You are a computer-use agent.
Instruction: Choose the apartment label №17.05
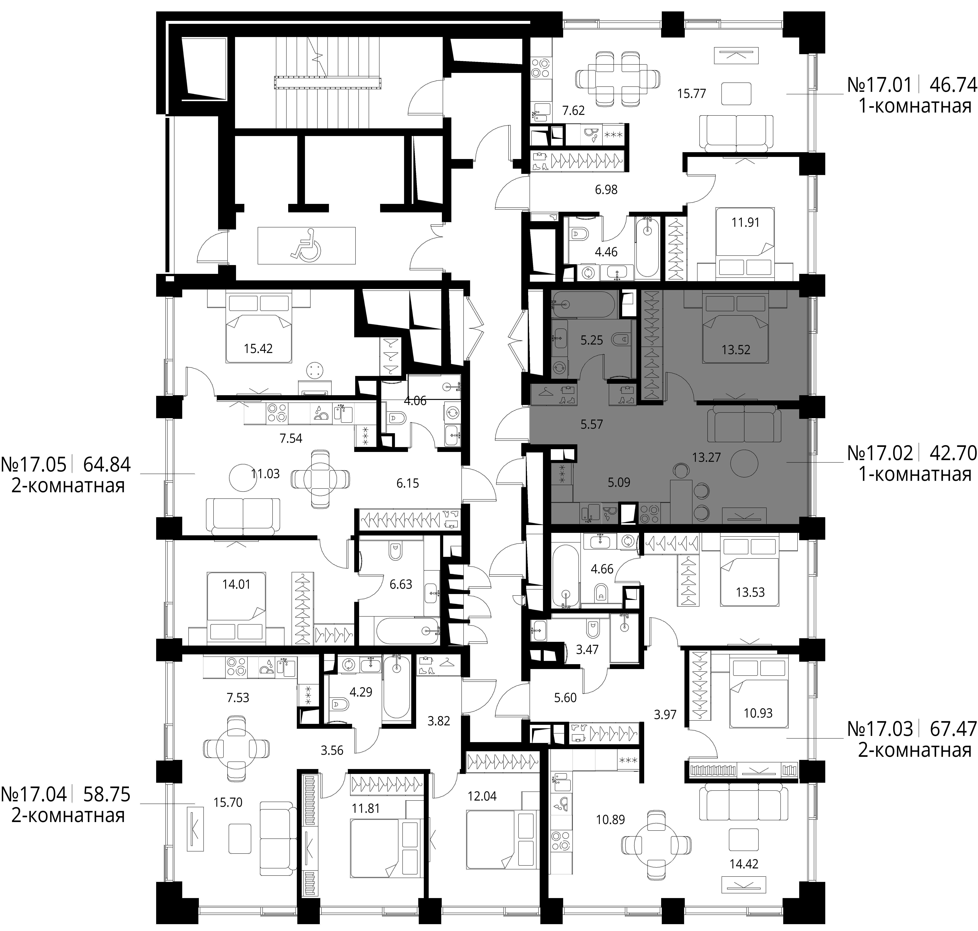click(34, 465)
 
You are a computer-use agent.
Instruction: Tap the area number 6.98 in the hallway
click(606, 190)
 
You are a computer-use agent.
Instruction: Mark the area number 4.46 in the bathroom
click(606, 252)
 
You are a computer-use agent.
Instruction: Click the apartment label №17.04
click(34, 794)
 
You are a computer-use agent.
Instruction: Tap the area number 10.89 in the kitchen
click(610, 819)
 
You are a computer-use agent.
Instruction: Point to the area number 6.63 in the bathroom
click(401, 585)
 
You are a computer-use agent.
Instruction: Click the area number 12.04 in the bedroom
click(482, 796)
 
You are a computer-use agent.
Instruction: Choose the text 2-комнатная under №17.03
click(915, 750)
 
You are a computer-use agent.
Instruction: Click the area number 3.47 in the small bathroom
click(587, 650)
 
